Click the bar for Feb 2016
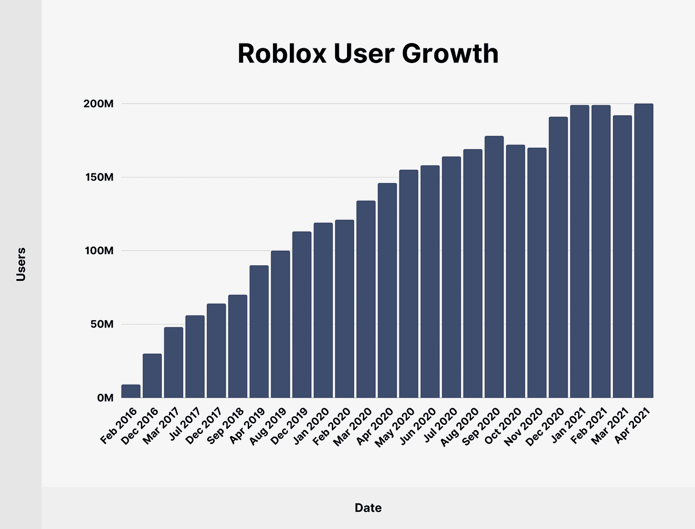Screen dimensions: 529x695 coord(131,391)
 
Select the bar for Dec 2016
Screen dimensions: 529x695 coord(152,376)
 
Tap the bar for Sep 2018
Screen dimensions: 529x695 coord(238,346)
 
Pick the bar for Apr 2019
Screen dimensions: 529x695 coord(259,332)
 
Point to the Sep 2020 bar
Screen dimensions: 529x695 coord(494,267)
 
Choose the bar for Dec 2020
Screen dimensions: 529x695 coord(558,257)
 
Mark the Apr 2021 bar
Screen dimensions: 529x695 coord(643,250)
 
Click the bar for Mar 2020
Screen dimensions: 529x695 coord(366,299)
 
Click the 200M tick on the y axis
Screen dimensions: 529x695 coord(98,104)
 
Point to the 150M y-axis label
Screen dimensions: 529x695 coord(98,177)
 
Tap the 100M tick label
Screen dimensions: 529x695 coord(98,251)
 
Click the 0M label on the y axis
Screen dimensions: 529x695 coord(105,398)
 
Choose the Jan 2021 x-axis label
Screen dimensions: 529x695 coord(567,425)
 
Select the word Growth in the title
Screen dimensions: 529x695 coord(450,54)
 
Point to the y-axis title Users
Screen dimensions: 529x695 coord(21,264)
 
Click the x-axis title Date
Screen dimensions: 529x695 coord(368,508)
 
